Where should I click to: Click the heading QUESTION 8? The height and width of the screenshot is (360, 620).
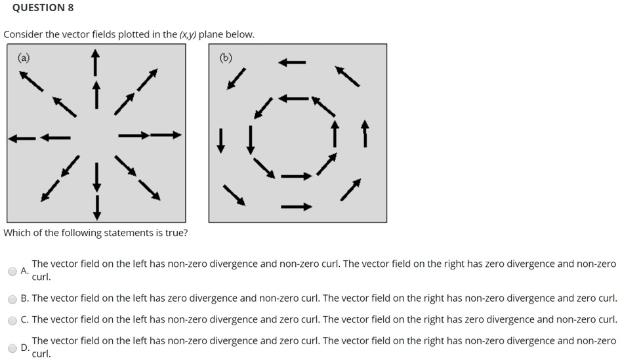[x=43, y=8]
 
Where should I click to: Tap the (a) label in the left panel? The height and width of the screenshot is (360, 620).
[x=24, y=58]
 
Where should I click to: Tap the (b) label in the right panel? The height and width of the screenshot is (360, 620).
[x=226, y=58]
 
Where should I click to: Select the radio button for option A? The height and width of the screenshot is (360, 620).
[x=12, y=271]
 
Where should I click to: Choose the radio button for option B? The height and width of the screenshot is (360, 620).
[x=12, y=299]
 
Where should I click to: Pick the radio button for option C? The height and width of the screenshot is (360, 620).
[x=12, y=321]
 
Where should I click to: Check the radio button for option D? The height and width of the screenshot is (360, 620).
[x=12, y=348]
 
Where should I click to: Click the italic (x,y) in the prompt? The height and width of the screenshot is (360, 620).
[x=188, y=35]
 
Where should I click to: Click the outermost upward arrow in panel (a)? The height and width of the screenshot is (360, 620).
[x=95, y=62]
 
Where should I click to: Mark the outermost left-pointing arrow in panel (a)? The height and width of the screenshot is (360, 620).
[x=22, y=138]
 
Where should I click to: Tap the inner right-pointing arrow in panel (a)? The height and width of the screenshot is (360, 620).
[x=134, y=136]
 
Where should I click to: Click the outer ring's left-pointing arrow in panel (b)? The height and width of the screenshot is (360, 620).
[x=292, y=62]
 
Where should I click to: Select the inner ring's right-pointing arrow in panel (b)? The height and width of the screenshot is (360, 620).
[x=297, y=176]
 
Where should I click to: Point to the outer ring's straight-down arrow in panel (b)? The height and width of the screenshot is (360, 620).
[x=221, y=140]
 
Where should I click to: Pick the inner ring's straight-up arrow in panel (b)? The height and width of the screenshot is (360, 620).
[x=335, y=134]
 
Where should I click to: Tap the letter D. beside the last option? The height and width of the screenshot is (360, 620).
[x=25, y=348]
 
